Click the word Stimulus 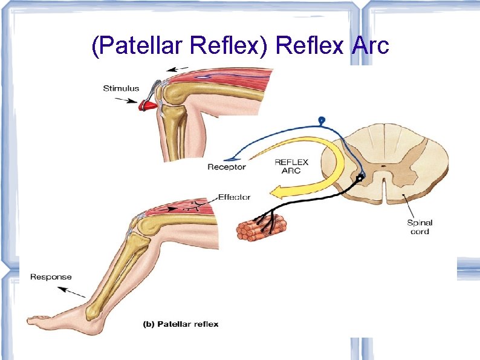[x=121, y=88]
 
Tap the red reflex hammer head [x=147, y=105]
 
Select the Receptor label [x=226, y=167]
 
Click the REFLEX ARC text [x=291, y=166]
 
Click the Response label [x=51, y=277]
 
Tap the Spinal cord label [x=420, y=227]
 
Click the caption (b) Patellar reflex [x=181, y=324]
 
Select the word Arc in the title [x=369, y=45]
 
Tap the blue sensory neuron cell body [x=322, y=120]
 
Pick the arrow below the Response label [x=73, y=292]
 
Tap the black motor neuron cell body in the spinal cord [x=361, y=178]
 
